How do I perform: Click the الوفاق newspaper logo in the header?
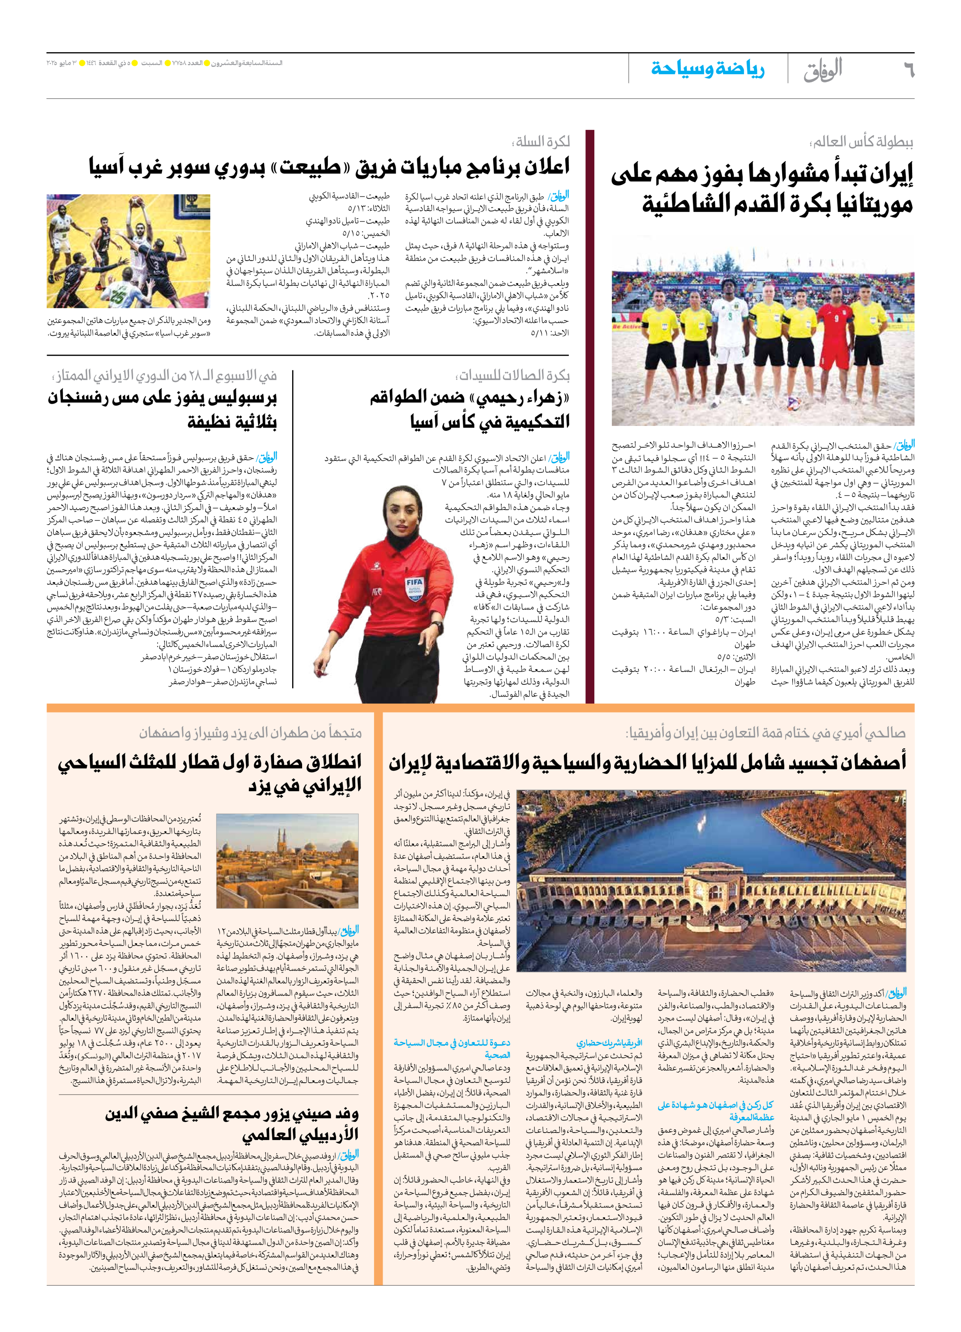point(823,69)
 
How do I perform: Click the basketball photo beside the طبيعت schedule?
point(128,251)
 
